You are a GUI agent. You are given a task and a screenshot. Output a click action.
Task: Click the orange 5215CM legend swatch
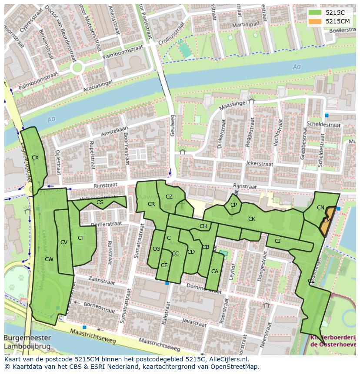pyautogui.click(x=316, y=21)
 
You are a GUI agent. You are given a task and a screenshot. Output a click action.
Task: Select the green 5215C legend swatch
pyautogui.click(x=316, y=13)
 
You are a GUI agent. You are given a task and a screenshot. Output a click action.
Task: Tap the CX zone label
pyautogui.click(x=36, y=158)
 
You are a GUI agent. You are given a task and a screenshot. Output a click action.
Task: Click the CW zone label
pyautogui.click(x=49, y=259)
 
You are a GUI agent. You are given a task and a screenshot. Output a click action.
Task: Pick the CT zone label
pyautogui.click(x=81, y=238)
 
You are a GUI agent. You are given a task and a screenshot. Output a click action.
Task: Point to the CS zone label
pyautogui.click(x=100, y=202)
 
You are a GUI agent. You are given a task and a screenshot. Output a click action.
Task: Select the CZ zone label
pyautogui.click(x=169, y=197)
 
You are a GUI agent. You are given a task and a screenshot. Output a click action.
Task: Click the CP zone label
pyautogui.click(x=234, y=205)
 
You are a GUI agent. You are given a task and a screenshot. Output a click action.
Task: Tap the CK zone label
pyautogui.click(x=252, y=219)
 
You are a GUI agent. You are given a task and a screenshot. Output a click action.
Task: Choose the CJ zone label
pyautogui.click(x=277, y=241)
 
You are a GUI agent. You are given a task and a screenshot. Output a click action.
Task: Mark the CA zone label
pyautogui.click(x=214, y=271)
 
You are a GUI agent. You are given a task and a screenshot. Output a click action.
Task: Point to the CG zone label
pyautogui.click(x=156, y=249)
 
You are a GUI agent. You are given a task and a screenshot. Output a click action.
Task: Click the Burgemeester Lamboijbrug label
pyautogui.click(x=27, y=342)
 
